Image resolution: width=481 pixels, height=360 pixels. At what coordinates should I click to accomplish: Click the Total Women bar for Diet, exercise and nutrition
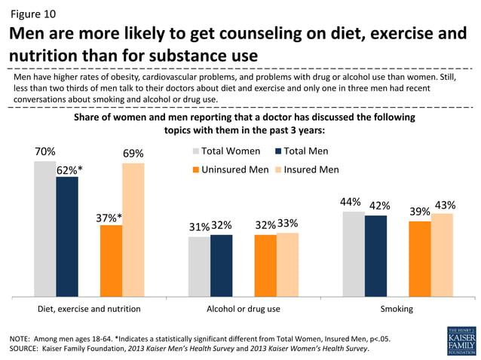point(44,229)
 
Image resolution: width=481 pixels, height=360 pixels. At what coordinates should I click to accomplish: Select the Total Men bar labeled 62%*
point(67,236)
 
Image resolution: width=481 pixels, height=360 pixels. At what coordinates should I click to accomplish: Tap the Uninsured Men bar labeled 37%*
point(111,261)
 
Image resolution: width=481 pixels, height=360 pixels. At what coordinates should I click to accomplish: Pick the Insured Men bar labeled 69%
point(133,230)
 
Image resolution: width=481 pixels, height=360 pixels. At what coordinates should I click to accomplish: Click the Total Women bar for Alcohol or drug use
point(199,267)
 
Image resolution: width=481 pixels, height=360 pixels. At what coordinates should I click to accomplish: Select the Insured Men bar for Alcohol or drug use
point(287,264)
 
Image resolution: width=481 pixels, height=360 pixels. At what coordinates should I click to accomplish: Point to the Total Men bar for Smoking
point(375,256)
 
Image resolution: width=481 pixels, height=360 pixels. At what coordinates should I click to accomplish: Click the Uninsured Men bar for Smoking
point(420,258)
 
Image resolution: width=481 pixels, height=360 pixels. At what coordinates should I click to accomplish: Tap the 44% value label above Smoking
point(351,202)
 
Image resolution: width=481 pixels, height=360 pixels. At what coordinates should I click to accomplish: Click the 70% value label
point(44,151)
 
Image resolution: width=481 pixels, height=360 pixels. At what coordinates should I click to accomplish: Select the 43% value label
point(445,204)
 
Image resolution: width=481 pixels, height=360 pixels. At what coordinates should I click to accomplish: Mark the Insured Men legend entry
point(305,169)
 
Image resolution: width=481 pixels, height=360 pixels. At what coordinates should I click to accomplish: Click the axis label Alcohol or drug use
point(243,309)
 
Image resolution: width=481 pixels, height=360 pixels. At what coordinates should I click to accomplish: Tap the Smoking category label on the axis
point(397,309)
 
